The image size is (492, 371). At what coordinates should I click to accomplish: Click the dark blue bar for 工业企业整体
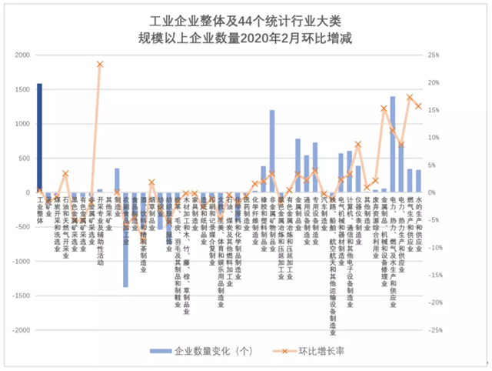click(39, 138)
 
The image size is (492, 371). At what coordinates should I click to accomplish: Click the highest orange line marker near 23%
click(100, 64)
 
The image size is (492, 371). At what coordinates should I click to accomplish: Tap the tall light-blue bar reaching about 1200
click(272, 152)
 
